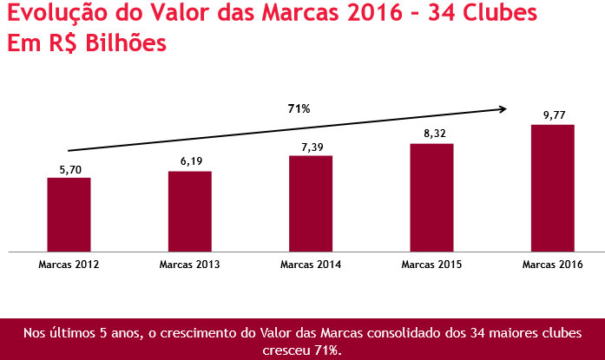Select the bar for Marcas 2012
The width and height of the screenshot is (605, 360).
69,214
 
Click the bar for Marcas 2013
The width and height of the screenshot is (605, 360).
190,211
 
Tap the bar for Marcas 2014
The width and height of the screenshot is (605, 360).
311,203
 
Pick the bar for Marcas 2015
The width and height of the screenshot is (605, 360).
432,197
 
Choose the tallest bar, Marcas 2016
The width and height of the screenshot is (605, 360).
553,187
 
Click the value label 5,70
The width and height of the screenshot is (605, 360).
69,170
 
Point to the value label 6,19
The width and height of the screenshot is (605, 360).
190,162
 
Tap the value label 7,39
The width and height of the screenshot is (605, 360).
311,147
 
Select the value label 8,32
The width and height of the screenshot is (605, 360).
432,134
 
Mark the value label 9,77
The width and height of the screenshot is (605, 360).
553,115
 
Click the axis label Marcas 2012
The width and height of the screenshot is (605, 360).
69,263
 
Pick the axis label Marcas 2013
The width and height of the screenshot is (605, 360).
190,263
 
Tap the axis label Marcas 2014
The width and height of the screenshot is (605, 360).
311,263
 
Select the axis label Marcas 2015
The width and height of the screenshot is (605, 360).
432,263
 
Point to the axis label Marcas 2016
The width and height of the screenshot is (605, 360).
553,263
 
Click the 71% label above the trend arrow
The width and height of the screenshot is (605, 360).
299,108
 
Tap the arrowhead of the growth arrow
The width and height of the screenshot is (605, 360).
503,109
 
